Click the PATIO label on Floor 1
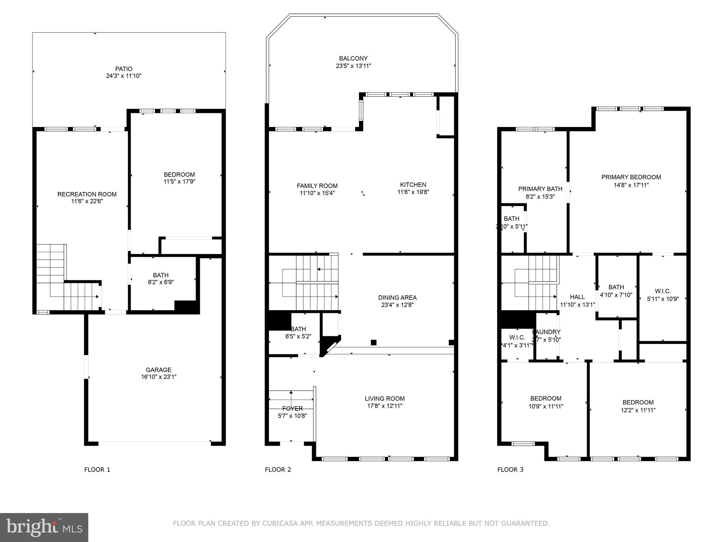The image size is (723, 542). click(124, 69)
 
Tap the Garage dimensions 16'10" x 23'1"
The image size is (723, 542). click(159, 377)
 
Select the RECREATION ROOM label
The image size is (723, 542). click(87, 194)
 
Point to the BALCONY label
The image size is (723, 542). click(353, 58)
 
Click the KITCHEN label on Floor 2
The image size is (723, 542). click(413, 185)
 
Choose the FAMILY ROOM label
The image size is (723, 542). click(317, 186)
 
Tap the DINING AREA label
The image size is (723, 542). click(397, 297)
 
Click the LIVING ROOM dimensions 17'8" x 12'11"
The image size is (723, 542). click(384, 406)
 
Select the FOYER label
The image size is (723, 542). click(292, 408)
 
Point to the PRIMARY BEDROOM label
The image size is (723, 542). click(631, 177)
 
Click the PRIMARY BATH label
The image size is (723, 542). click(540, 189)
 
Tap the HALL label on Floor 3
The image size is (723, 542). click(577, 297)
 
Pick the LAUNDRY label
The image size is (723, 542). click(546, 332)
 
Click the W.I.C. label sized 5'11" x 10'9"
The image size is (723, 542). click(663, 291)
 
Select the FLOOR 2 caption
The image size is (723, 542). click(278, 469)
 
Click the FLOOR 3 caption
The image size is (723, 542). click(510, 469)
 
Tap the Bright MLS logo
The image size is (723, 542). click(44, 527)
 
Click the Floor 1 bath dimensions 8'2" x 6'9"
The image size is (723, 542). click(161, 282)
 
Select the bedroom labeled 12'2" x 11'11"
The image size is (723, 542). click(638, 402)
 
